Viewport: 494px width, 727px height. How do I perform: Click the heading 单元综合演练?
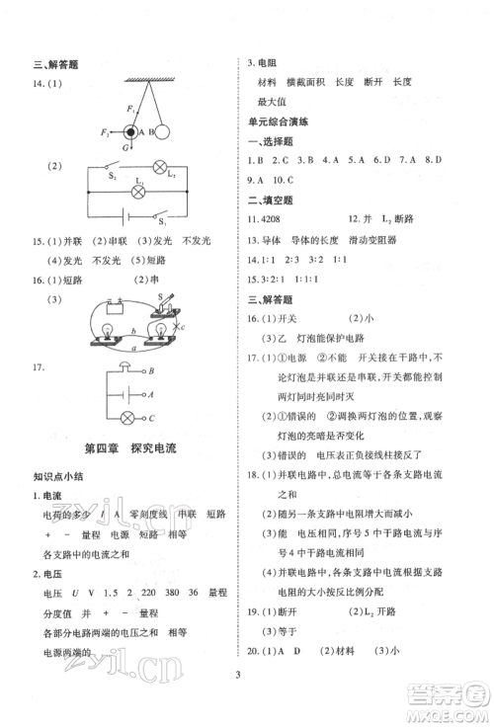(x=279, y=121)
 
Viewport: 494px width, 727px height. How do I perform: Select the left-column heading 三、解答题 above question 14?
(x=55, y=65)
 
